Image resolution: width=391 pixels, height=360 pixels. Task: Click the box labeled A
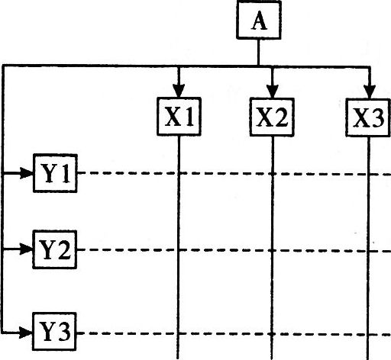coord(259,20)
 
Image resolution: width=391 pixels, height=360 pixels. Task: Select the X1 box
coord(179,117)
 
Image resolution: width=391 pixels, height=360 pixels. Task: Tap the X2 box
coord(272,117)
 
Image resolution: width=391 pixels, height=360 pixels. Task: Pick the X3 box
coord(368,117)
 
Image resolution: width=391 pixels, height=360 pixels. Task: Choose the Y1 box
coord(55,173)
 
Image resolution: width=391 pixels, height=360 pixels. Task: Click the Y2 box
coord(55,249)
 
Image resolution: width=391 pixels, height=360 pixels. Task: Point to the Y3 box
coord(54,332)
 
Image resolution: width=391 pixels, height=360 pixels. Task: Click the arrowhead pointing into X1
coord(179,91)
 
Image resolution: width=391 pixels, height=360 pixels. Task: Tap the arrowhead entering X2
coord(272,91)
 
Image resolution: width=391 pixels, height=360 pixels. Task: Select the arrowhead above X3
coord(370,92)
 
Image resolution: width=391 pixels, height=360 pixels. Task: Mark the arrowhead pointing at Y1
coord(27,173)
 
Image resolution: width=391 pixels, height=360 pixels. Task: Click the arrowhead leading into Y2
coord(26,249)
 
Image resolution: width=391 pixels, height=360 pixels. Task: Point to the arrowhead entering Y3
coord(26,332)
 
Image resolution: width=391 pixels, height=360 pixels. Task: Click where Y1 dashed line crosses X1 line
coord(179,173)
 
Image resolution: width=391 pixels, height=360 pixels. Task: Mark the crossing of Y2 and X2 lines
coord(272,251)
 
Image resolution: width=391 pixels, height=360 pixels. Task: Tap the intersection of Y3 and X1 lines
coord(178,333)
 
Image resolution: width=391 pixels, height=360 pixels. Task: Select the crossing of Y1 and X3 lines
coord(369,174)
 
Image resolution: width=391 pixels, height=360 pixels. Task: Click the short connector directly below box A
coord(258,53)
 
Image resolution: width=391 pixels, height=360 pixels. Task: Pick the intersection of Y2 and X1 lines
coord(179,250)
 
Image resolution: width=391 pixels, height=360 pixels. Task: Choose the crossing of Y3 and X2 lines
coord(272,334)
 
